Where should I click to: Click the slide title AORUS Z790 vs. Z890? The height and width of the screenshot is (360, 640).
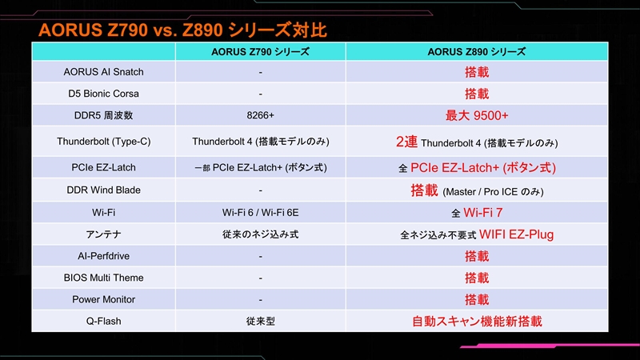click(130, 30)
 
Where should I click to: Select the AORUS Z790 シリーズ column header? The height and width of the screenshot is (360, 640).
click(261, 52)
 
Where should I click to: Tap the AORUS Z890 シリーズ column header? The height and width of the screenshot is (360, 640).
click(476, 52)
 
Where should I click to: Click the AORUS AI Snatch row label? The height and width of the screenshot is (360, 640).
click(104, 72)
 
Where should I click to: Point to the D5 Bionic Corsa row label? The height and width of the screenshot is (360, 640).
click(104, 94)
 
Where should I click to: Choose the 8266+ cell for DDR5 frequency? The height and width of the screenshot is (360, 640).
click(261, 115)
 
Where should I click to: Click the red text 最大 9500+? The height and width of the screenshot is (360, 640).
click(477, 115)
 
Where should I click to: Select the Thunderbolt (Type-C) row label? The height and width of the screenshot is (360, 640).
click(104, 142)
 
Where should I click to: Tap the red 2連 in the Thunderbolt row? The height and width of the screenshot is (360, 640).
click(406, 142)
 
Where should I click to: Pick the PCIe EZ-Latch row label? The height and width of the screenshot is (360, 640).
click(104, 167)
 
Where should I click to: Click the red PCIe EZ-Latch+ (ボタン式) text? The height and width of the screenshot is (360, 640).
click(483, 168)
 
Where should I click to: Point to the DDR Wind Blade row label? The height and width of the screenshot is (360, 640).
click(104, 190)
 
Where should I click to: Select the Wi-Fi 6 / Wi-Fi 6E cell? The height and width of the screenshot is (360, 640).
click(261, 213)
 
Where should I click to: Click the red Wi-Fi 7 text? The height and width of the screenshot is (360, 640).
click(483, 213)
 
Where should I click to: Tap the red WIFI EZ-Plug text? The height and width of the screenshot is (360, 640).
click(516, 234)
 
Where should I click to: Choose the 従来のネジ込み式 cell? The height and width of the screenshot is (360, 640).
click(261, 234)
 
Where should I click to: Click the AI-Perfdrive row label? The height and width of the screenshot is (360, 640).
click(104, 256)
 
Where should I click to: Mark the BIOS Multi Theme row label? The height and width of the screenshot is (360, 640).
click(104, 278)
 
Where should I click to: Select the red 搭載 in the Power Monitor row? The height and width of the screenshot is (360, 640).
click(477, 299)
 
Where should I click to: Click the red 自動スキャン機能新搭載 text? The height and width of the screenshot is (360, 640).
click(477, 322)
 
